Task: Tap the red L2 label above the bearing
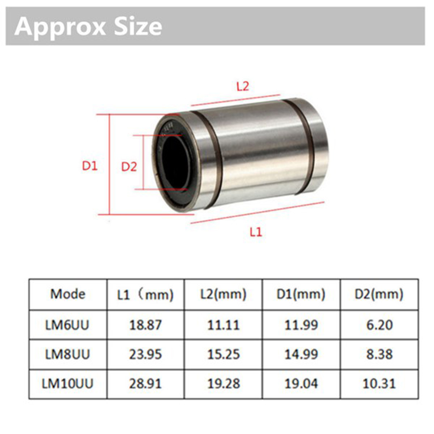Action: pos(243,87)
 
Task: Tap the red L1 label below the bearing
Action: pos(256,232)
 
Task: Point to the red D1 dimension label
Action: pos(90,166)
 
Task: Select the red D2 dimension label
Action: pos(129,167)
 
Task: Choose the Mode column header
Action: pos(68,294)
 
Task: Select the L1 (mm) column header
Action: pos(145,295)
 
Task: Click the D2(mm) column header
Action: pos(379,294)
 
